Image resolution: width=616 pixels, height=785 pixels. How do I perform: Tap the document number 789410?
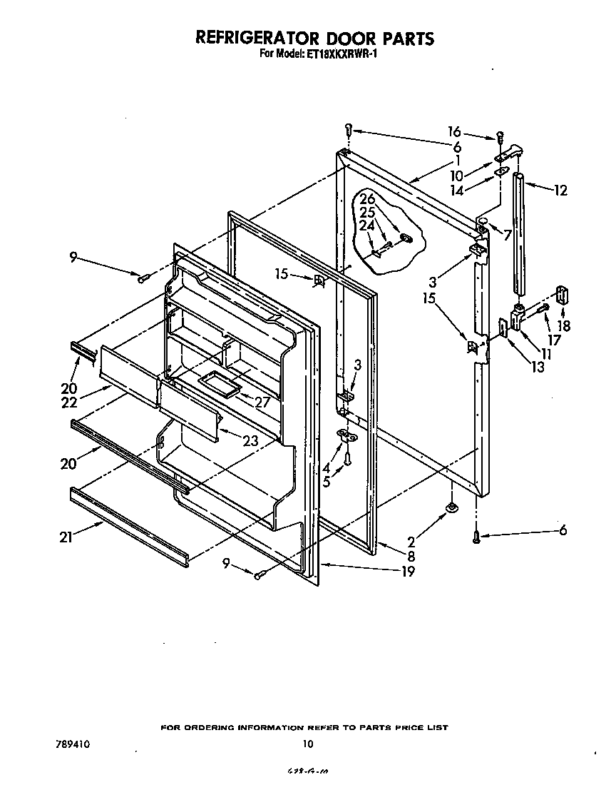71,744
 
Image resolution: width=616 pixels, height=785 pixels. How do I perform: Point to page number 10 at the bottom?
307,744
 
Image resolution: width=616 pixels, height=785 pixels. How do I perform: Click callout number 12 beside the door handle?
561,190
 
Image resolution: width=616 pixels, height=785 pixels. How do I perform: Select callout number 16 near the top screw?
454,132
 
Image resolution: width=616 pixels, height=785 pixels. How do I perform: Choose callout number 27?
262,402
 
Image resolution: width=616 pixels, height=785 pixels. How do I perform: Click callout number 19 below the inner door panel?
407,570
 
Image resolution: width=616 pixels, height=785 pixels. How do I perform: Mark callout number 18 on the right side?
563,325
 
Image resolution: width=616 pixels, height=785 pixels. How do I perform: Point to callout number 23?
250,441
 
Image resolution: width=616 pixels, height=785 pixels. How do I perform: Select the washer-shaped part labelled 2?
452,508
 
